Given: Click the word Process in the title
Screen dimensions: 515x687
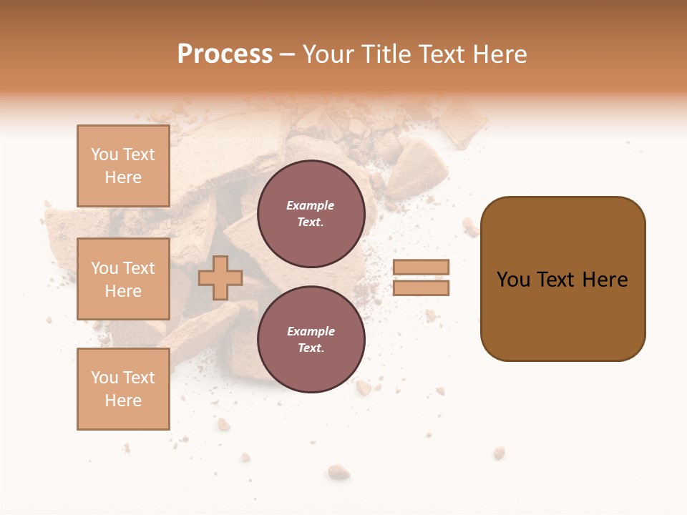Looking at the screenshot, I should click(x=225, y=54).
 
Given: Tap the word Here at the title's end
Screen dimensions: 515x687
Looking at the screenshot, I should click(x=500, y=54).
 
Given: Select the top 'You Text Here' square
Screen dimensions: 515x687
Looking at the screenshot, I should click(x=123, y=166).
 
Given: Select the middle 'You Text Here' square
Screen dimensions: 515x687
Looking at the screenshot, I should click(x=123, y=279).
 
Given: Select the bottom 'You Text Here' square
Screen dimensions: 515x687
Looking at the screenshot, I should click(x=123, y=388).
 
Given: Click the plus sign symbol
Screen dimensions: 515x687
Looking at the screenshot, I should click(x=220, y=278).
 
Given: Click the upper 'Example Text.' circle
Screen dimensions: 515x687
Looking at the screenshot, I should click(x=311, y=213).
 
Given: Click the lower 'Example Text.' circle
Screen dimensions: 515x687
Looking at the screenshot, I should click(x=311, y=339).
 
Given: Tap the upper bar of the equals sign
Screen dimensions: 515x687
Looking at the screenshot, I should click(x=422, y=267).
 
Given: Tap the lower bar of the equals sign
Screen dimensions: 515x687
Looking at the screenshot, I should click(x=422, y=288).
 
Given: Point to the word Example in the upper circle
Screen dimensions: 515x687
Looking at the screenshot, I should click(x=311, y=205).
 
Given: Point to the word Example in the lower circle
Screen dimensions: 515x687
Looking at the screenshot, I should click(x=311, y=331).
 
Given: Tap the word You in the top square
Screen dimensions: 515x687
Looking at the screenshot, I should click(x=104, y=154).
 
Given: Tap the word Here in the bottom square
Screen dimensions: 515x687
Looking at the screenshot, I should click(x=123, y=401).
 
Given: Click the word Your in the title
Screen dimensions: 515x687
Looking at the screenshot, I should click(x=328, y=54).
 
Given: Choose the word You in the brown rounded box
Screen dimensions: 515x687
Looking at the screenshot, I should click(x=513, y=280).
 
